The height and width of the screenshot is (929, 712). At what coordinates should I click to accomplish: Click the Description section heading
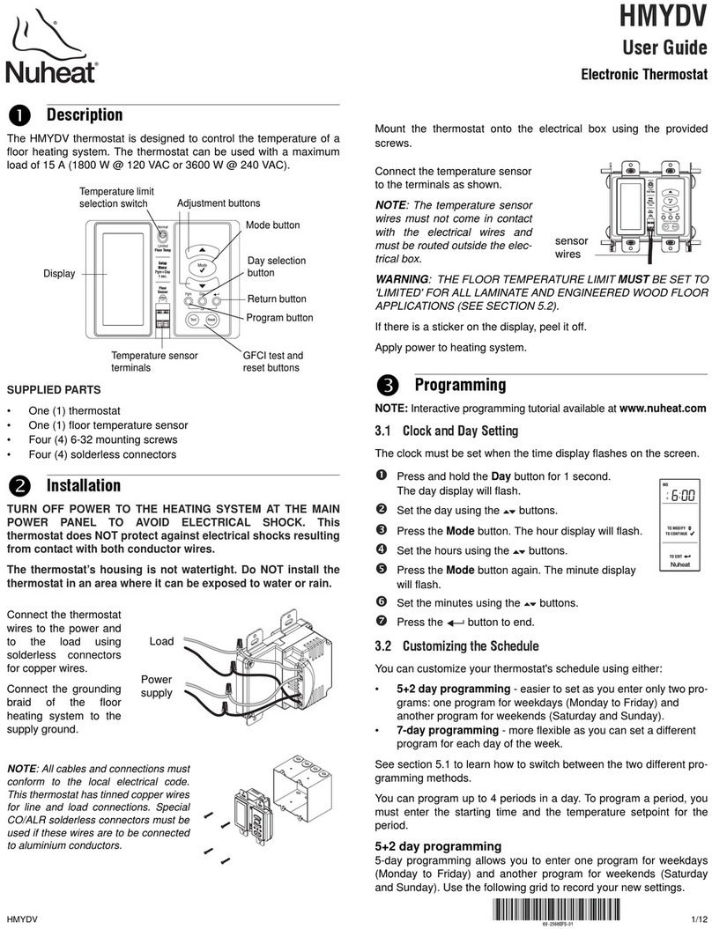tap(84, 114)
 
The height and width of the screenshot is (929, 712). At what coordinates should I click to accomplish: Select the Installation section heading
tap(83, 485)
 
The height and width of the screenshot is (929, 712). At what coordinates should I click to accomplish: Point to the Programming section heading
tap(460, 384)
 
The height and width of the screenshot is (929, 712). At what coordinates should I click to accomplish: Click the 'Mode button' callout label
tap(272, 225)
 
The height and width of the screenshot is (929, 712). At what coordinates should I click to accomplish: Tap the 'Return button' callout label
tap(277, 299)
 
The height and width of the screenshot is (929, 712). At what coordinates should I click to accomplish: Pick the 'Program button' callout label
tap(279, 318)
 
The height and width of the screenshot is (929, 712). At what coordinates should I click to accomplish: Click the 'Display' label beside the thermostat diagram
tap(59, 274)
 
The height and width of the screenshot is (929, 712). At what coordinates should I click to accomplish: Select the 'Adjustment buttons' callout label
tap(219, 203)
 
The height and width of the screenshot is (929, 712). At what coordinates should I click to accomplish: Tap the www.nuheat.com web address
tap(663, 409)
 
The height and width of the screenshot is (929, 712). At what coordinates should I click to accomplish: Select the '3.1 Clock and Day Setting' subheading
tap(446, 431)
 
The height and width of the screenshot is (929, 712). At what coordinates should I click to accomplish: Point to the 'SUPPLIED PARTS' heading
tap(53, 389)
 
